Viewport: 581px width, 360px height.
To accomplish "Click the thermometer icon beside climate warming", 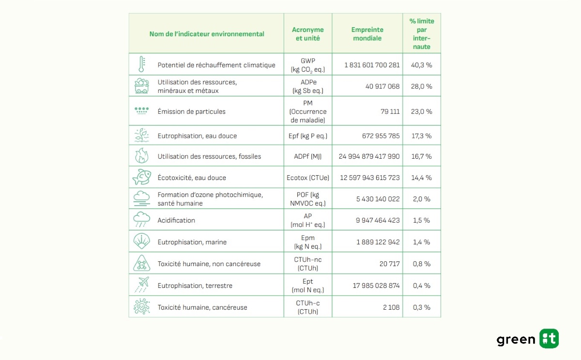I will [x=141, y=64].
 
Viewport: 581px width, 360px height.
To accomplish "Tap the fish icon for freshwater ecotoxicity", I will [x=141, y=177].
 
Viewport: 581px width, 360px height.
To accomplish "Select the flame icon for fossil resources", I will [x=141, y=156].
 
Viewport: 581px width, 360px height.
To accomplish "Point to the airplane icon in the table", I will [x=141, y=285].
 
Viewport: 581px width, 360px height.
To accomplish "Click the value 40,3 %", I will [x=421, y=65].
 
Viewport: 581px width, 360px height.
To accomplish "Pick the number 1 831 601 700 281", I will [x=372, y=65].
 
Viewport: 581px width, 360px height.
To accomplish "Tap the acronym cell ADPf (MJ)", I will [x=308, y=156].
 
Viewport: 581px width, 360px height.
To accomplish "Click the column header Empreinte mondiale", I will [x=367, y=34].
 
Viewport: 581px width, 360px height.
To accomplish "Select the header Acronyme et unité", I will [x=308, y=34].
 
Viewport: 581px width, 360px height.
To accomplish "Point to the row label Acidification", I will [x=176, y=220].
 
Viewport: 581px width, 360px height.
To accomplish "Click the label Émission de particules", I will [x=191, y=111].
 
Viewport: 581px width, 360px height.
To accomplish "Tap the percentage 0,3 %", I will [x=421, y=307].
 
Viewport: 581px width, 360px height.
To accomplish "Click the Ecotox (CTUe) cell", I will [x=308, y=178].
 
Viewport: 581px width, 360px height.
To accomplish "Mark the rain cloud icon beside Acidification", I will [x=141, y=220].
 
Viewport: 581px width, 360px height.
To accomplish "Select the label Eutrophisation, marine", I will [x=192, y=242].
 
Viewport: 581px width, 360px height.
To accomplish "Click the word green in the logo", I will [x=516, y=340].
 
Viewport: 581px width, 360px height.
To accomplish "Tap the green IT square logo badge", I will [x=549, y=339].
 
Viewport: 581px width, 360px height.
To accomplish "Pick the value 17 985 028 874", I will [x=376, y=285].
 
